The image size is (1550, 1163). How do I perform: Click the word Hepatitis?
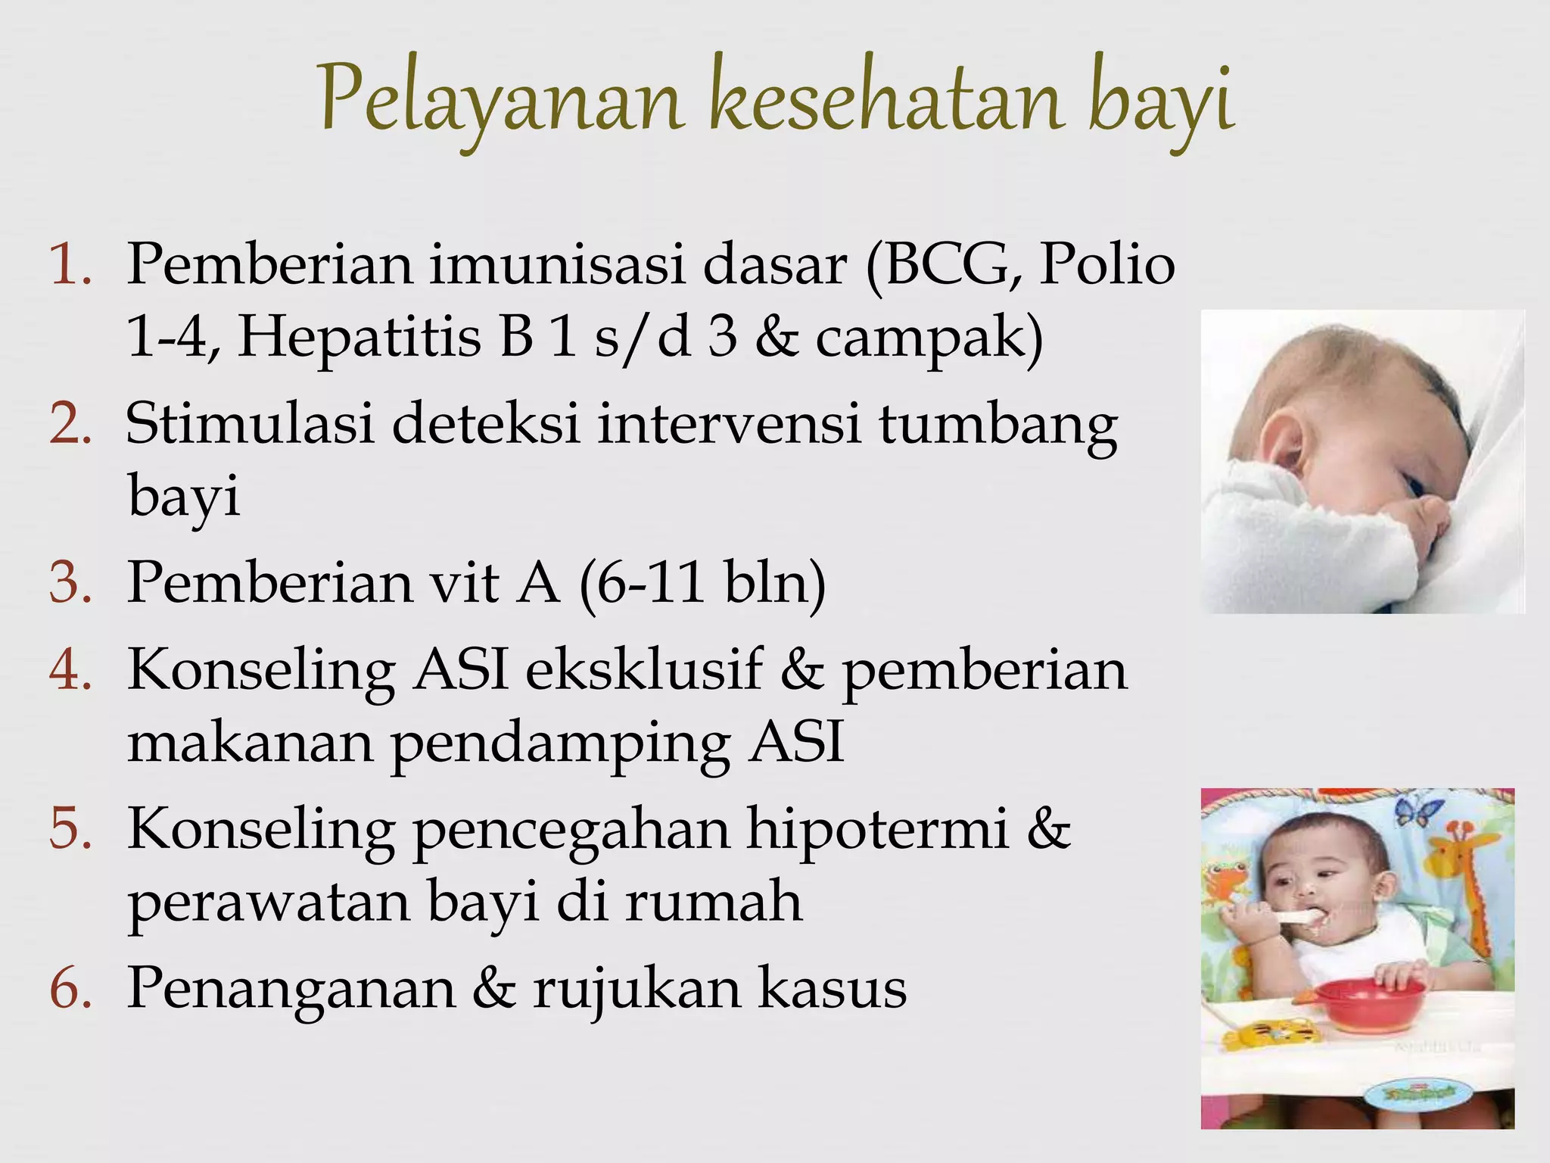359,337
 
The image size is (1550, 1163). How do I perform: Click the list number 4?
70,670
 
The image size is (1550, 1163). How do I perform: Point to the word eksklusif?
643,669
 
